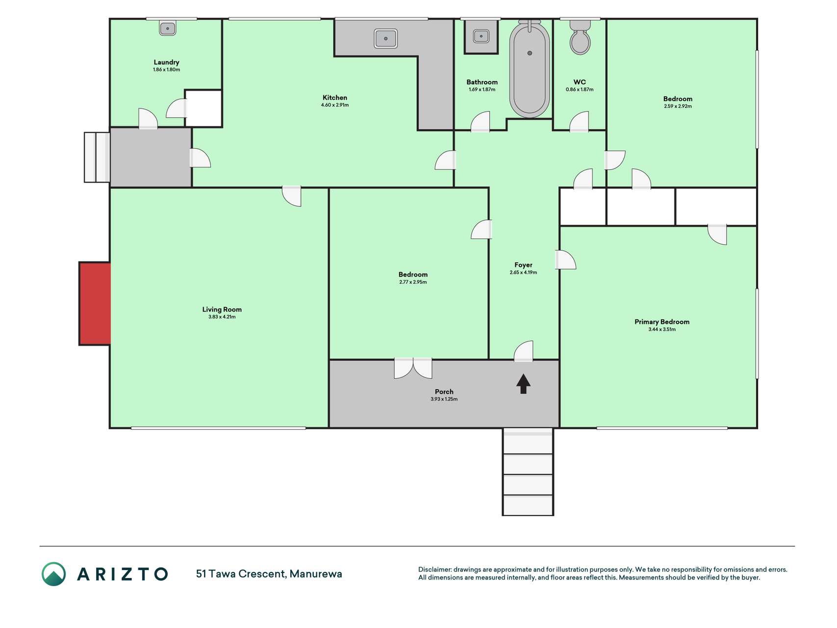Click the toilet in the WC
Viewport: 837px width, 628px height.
point(580,37)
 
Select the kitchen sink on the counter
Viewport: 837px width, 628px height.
point(386,38)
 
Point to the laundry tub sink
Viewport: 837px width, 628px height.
point(168,28)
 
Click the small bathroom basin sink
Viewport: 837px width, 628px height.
point(481,36)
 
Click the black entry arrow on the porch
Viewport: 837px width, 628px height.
point(523,384)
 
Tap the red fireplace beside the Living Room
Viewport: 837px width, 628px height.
point(95,304)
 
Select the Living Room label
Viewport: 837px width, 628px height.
point(222,310)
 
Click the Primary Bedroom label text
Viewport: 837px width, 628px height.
point(662,322)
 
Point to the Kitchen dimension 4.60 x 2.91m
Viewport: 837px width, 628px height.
point(335,105)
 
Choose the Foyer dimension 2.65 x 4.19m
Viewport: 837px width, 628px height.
point(523,272)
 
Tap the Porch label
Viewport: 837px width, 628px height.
point(444,392)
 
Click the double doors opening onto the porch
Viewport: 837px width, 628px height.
point(413,368)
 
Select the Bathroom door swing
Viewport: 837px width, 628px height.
point(481,122)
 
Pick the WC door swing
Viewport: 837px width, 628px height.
point(579,122)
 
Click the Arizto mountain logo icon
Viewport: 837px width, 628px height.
point(53,574)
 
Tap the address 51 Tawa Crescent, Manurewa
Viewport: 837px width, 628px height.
point(269,574)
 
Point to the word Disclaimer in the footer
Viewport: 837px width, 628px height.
point(434,570)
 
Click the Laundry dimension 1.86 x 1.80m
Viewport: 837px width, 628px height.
point(167,70)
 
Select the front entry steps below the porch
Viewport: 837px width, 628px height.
point(528,472)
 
